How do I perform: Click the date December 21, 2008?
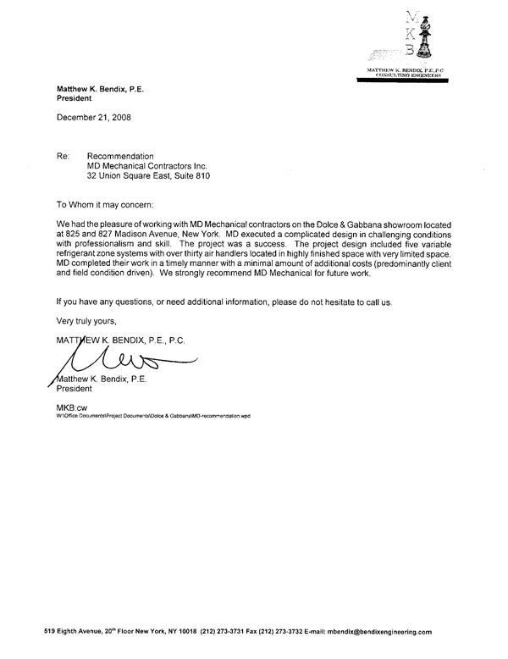(93, 117)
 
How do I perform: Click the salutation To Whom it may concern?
(106, 205)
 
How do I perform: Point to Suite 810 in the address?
(190, 177)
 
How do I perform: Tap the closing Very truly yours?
(86, 321)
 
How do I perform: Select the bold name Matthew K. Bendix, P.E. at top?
(96, 88)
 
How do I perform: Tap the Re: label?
(63, 157)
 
